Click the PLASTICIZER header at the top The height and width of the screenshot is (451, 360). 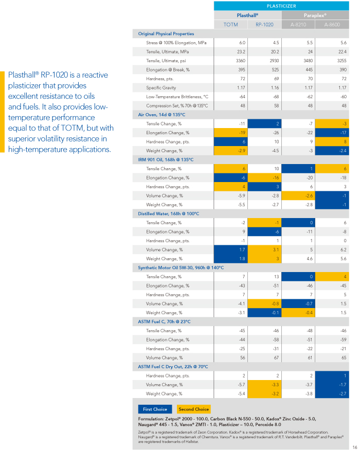(x=281, y=6)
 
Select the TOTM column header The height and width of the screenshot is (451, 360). (x=230, y=25)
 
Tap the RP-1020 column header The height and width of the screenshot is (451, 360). (x=264, y=25)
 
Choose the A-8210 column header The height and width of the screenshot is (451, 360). (x=298, y=25)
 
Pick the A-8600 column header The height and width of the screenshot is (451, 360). (x=332, y=25)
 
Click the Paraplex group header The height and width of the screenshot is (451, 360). (x=315, y=15)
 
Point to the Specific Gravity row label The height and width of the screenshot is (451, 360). (x=161, y=88)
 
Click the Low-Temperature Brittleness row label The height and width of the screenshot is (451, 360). (x=177, y=97)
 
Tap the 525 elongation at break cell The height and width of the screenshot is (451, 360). (x=275, y=69)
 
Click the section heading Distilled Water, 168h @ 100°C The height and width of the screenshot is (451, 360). (x=169, y=214)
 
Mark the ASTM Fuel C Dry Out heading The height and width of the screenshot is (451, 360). (x=173, y=367)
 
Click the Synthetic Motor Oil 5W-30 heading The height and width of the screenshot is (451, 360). (x=181, y=268)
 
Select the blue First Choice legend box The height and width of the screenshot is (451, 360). (x=155, y=409)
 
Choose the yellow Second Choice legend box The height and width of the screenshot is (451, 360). (x=194, y=409)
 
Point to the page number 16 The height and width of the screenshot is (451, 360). (x=354, y=447)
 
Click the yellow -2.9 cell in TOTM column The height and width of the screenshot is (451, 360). (x=230, y=151)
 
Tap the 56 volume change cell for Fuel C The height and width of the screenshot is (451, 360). (x=242, y=358)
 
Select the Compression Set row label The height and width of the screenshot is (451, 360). (x=177, y=106)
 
